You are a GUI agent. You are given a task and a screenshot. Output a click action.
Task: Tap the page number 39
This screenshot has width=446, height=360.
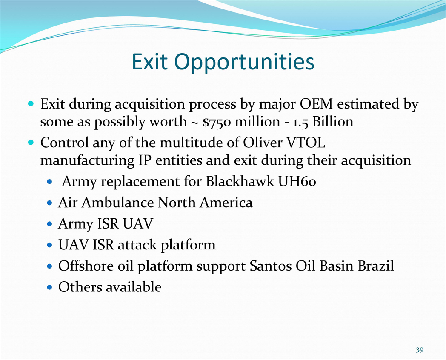pyautogui.click(x=420, y=350)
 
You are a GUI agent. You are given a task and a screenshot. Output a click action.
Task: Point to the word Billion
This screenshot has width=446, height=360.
pyautogui.click(x=333, y=121)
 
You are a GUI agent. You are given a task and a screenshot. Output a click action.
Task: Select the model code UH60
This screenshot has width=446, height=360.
pyautogui.click(x=297, y=181)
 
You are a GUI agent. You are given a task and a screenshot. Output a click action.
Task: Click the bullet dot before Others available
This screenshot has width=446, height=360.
pyautogui.click(x=50, y=288)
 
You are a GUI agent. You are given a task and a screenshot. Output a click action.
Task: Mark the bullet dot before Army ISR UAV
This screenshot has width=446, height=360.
pyautogui.click(x=50, y=224)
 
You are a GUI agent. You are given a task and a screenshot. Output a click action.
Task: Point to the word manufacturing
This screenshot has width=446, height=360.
pyautogui.click(x=87, y=161)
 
